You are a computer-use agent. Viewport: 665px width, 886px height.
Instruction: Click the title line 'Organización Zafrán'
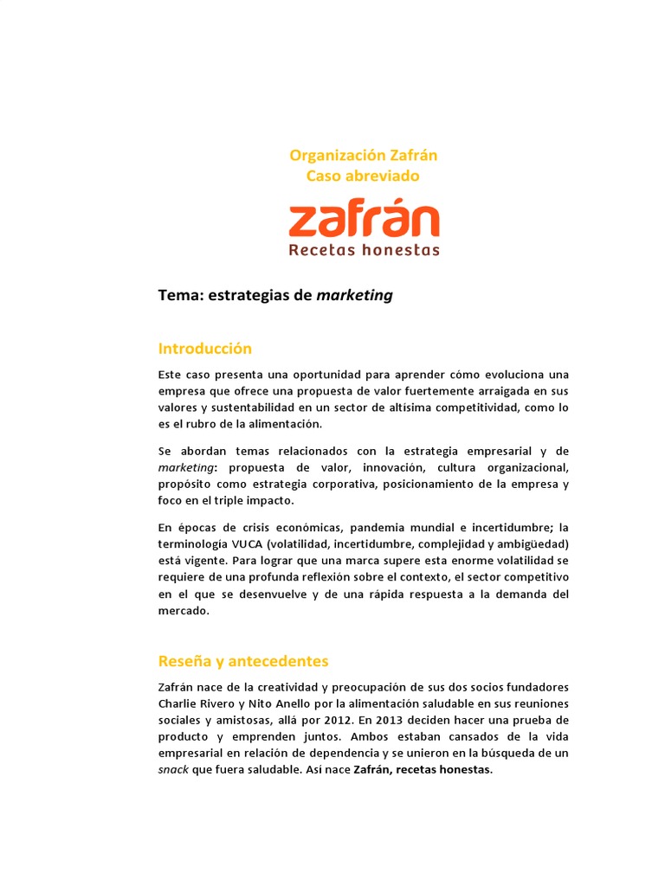363,156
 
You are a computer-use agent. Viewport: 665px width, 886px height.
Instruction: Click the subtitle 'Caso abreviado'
363,176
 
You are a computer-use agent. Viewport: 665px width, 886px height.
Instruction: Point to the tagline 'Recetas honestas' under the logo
364,250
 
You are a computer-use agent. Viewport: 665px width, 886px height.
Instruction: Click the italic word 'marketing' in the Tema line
354,296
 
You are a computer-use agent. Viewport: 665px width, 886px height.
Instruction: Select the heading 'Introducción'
204,349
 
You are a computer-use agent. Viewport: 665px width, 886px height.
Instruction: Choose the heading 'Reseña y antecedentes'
243,661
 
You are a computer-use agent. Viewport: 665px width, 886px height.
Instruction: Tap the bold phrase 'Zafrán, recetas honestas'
423,769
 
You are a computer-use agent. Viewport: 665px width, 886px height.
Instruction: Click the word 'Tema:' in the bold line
179,296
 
